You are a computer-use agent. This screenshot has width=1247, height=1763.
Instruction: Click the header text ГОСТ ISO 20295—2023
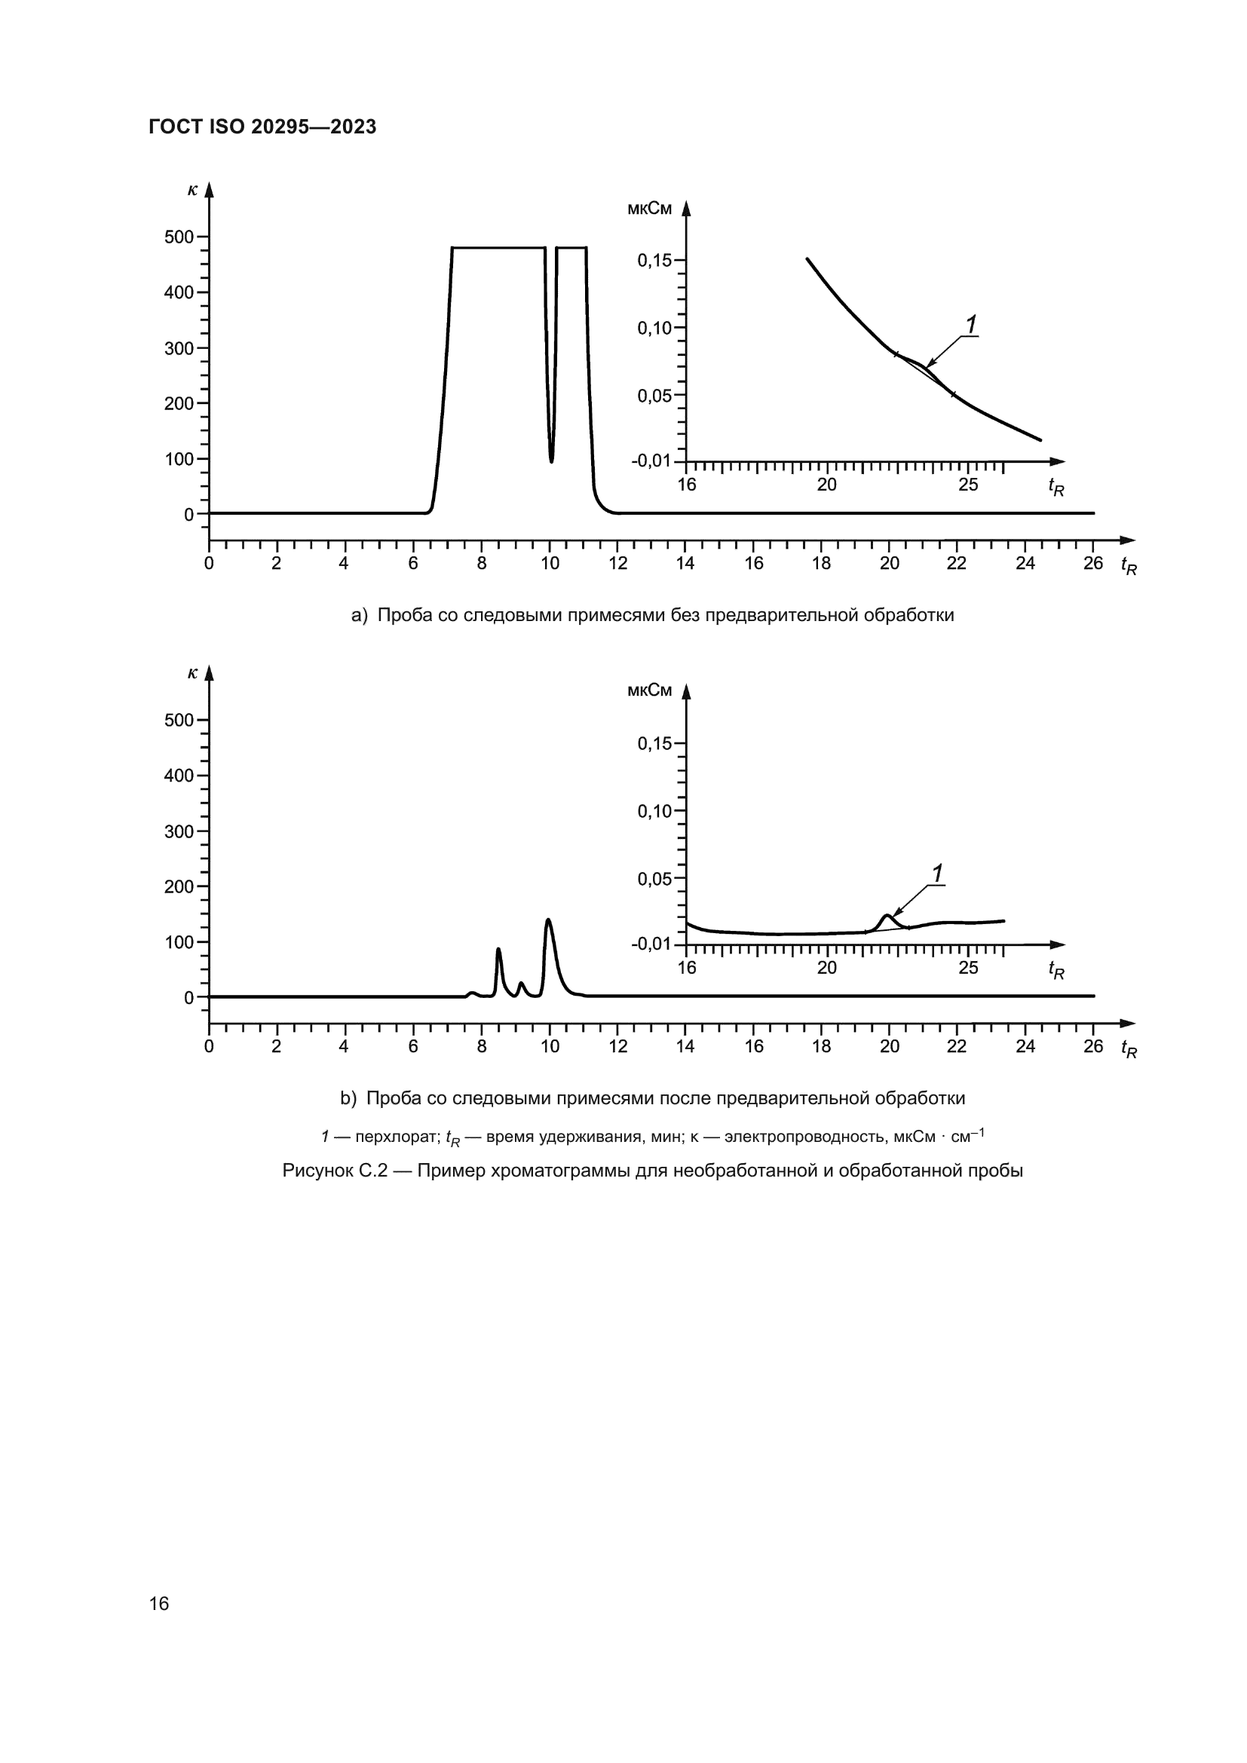tap(262, 127)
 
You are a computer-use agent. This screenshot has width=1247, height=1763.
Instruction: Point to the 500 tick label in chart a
tap(179, 237)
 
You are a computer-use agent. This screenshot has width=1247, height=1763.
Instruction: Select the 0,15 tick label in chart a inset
tap(654, 261)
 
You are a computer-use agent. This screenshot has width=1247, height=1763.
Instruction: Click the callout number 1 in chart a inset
tap(971, 325)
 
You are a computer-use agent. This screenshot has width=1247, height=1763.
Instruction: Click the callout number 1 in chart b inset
tap(938, 873)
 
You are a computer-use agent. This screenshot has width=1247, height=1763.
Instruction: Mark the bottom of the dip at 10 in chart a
tap(551, 460)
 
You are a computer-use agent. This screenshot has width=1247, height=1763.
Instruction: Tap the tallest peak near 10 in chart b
tap(548, 920)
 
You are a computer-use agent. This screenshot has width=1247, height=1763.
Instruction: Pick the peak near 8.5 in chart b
tap(498, 950)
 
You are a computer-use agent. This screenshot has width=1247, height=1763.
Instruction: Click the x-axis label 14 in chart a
tap(685, 564)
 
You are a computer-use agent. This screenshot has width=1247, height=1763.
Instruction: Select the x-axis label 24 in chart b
tap(1025, 1047)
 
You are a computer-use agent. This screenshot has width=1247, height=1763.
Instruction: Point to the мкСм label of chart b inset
tap(649, 690)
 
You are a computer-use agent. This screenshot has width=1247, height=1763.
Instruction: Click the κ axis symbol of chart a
tap(192, 188)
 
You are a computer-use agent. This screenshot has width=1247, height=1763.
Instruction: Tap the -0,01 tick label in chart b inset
tap(651, 944)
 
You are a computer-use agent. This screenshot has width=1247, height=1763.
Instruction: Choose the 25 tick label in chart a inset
tap(968, 485)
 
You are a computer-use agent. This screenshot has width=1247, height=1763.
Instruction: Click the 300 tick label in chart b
tap(179, 831)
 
